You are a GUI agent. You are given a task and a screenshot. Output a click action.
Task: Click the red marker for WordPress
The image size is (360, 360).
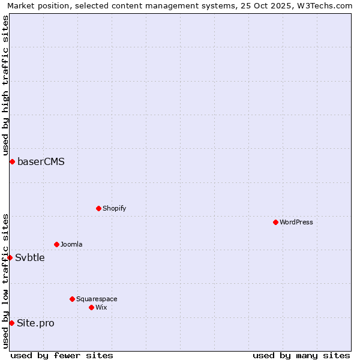tap(275, 222)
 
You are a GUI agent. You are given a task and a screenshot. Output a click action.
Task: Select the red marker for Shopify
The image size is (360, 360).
tap(98, 208)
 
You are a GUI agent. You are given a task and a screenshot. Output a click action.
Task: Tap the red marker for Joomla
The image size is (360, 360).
tap(56, 244)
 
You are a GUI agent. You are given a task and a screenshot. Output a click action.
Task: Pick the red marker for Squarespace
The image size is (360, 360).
tap(72, 299)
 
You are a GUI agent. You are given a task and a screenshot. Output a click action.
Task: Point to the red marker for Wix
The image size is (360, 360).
tap(91, 307)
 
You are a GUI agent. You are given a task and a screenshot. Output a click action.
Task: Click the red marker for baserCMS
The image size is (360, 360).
tap(12, 161)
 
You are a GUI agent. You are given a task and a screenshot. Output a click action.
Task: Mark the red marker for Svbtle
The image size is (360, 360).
tap(10, 257)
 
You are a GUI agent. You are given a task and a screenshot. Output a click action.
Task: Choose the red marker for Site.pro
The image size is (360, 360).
tap(11, 323)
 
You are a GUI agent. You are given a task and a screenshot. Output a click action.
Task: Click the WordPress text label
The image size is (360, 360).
tap(296, 222)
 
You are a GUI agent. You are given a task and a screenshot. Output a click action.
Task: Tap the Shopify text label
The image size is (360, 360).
tap(114, 208)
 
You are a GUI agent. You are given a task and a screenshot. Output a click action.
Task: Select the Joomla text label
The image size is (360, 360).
tap(71, 244)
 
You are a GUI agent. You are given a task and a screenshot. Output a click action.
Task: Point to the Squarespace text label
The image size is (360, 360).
tap(97, 299)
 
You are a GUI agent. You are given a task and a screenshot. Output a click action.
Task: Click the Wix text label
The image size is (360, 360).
tap(101, 307)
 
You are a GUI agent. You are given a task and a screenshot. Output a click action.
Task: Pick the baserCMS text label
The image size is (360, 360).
tap(41, 161)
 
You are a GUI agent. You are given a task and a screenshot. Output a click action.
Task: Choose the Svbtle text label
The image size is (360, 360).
tap(30, 257)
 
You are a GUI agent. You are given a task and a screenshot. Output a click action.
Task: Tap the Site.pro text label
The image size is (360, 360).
tap(35, 323)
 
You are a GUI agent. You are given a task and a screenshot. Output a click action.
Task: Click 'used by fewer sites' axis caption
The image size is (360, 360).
tap(62, 355)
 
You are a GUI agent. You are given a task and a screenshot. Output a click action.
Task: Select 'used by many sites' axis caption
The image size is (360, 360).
tap(301, 355)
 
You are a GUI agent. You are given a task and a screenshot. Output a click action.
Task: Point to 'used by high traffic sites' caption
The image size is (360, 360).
tap(5, 85)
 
